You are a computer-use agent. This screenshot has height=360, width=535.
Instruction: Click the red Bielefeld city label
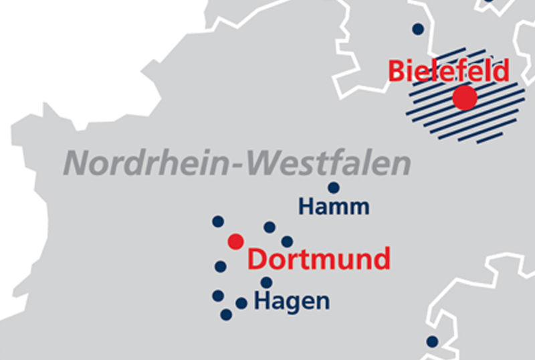(449, 70)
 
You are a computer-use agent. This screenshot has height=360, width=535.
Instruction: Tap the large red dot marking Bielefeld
(465, 98)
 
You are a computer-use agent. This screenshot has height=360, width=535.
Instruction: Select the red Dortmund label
(319, 259)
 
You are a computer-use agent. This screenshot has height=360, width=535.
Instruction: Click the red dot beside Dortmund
(235, 241)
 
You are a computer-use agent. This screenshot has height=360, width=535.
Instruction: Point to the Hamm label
(334, 207)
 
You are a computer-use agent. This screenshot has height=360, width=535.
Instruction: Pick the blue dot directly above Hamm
(333, 188)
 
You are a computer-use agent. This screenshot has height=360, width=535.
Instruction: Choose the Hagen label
(292, 302)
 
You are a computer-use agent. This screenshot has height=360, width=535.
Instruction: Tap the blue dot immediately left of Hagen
(241, 303)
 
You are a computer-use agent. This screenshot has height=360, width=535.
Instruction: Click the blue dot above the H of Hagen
(266, 282)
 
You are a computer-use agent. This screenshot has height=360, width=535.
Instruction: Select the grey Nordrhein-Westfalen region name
(237, 163)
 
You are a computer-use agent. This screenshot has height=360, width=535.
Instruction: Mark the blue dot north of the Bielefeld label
(418, 29)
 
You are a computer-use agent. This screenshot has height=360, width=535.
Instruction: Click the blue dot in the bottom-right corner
(432, 341)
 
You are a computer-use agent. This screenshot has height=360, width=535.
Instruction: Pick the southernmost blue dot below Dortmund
(226, 314)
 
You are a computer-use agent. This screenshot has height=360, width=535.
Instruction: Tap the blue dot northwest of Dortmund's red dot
(217, 221)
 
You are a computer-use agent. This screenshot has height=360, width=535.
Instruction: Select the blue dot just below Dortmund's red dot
(220, 266)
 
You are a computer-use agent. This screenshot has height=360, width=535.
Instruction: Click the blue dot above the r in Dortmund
(287, 241)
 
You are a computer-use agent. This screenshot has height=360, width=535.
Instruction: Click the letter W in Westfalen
(265, 163)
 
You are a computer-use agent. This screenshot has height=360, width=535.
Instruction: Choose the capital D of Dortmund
(257, 259)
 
